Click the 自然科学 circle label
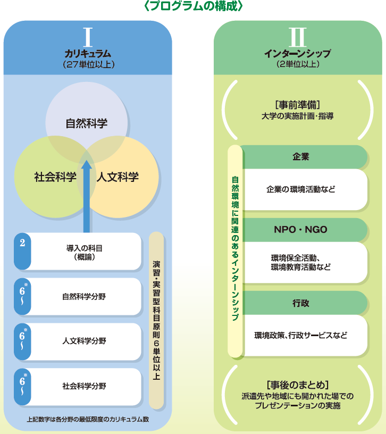[87, 123]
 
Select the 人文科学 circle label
[118, 177]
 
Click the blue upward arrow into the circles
[87, 197]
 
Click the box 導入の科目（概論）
[85, 252]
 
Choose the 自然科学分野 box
[85, 296]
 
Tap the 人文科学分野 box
[85, 341]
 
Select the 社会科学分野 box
[85, 386]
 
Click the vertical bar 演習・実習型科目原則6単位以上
[156, 314]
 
